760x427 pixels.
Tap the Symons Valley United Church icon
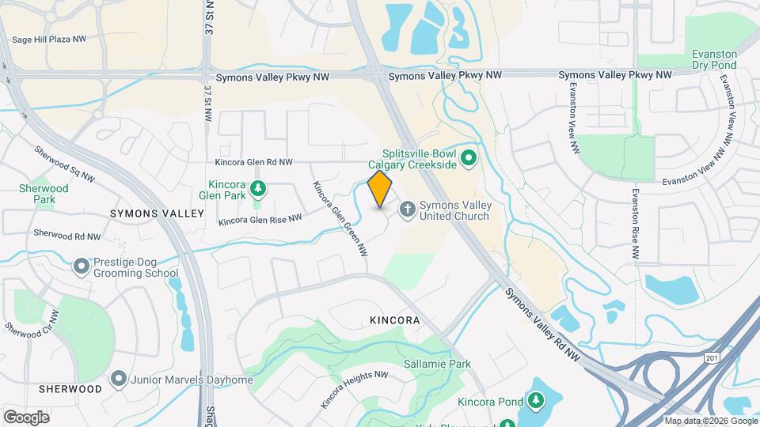(x=407, y=210)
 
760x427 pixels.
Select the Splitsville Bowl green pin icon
(x=468, y=158)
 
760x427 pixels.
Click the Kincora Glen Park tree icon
(x=257, y=189)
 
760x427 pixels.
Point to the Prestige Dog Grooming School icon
(x=81, y=266)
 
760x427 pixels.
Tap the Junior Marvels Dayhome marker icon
(x=119, y=380)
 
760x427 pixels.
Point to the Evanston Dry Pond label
(x=714, y=60)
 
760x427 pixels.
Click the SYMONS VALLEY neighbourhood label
(x=157, y=213)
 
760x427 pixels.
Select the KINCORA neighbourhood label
(x=393, y=321)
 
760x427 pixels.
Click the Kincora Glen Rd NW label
(x=253, y=162)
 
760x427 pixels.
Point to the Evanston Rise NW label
(x=635, y=224)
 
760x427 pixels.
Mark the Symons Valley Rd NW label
(x=544, y=325)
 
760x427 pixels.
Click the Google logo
(x=26, y=417)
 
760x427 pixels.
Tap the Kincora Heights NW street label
(x=354, y=390)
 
